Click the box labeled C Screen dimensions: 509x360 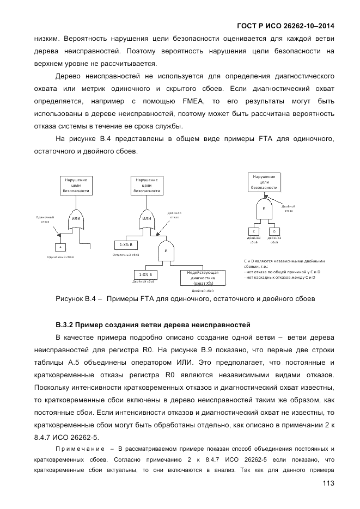[x=254, y=231]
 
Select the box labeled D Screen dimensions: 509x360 [x=274, y=231]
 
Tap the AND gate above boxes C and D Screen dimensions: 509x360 [x=264, y=208]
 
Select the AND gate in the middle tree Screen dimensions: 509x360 [x=166, y=250]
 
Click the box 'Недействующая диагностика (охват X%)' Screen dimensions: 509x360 [x=203, y=278]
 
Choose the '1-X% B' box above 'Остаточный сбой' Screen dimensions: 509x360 [x=126, y=245]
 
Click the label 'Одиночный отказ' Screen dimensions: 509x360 [x=45, y=219]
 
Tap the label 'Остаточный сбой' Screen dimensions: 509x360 [x=126, y=255]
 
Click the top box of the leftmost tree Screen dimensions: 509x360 [x=76, y=185]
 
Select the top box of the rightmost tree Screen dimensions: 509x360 [x=264, y=182]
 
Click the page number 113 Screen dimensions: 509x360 [x=328, y=483]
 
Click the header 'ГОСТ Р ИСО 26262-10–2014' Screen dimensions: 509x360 [x=286, y=26]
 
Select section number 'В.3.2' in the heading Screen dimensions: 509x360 [x=64, y=326]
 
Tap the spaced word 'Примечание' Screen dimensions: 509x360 [x=80, y=449]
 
